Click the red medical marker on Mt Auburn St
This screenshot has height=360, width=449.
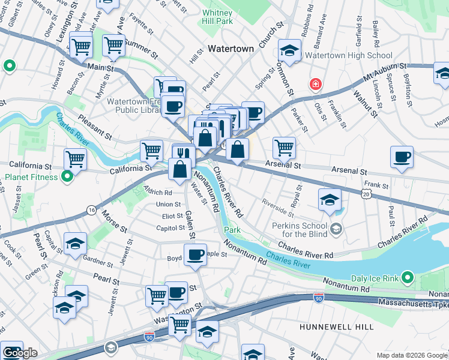[x=315, y=84]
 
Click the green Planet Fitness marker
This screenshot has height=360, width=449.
[x=68, y=177]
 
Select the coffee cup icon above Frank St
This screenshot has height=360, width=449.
[x=402, y=157]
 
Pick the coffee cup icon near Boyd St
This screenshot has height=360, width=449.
[x=195, y=254]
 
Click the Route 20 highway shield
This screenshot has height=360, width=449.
[x=366, y=193]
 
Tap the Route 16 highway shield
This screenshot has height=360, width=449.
[x=91, y=209]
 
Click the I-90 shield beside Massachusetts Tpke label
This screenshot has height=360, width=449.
[x=318, y=298]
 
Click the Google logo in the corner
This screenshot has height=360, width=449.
[x=20, y=353]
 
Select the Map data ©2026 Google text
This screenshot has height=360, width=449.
[x=411, y=355]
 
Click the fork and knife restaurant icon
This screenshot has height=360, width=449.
[x=184, y=153]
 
